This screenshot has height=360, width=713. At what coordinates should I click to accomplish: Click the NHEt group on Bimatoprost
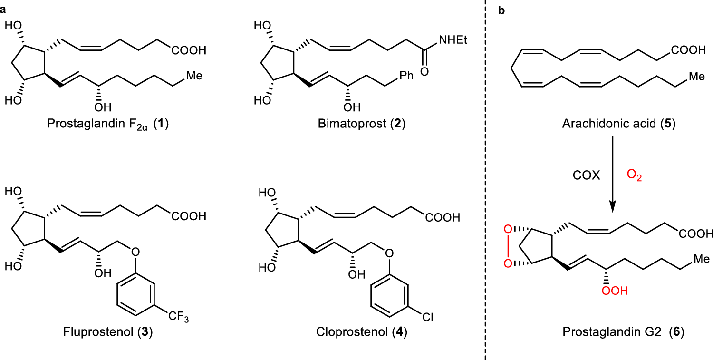click(453, 40)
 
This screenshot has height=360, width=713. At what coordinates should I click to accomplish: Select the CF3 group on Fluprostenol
click(179, 317)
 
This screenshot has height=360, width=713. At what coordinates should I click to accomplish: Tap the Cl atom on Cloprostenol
click(428, 317)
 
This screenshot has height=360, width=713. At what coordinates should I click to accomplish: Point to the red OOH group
click(615, 291)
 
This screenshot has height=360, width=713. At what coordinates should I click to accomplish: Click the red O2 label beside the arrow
click(634, 175)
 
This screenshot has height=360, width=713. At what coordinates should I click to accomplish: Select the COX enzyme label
click(586, 175)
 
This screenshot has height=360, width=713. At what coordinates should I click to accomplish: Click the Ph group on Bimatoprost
click(406, 76)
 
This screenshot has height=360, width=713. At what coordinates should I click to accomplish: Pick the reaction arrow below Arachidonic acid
click(612, 174)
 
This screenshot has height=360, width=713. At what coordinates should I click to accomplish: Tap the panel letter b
click(501, 10)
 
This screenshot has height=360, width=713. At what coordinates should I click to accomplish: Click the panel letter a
click(3, 10)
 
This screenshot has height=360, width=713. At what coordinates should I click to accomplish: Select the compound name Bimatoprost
click(352, 123)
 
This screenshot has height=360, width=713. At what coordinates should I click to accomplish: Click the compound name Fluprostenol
click(98, 331)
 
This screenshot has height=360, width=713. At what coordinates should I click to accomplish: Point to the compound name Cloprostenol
click(352, 331)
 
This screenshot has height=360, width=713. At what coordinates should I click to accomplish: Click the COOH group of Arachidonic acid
click(688, 50)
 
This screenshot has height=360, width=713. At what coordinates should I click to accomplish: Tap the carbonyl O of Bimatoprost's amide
click(424, 72)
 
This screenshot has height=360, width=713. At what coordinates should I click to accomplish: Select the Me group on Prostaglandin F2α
click(194, 76)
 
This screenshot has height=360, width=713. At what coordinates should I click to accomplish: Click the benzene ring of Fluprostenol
click(136, 294)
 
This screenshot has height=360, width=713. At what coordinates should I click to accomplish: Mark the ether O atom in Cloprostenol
click(389, 253)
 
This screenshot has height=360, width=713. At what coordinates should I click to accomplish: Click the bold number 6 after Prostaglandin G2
click(676, 331)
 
